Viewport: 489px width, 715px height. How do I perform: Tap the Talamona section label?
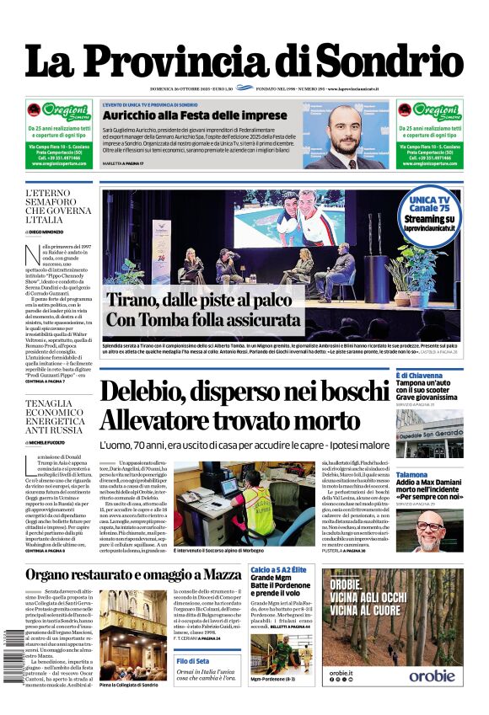(x=412, y=475)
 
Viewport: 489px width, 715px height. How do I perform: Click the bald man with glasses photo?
(x=441, y=530)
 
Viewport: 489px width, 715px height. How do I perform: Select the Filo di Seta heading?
(x=193, y=661)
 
